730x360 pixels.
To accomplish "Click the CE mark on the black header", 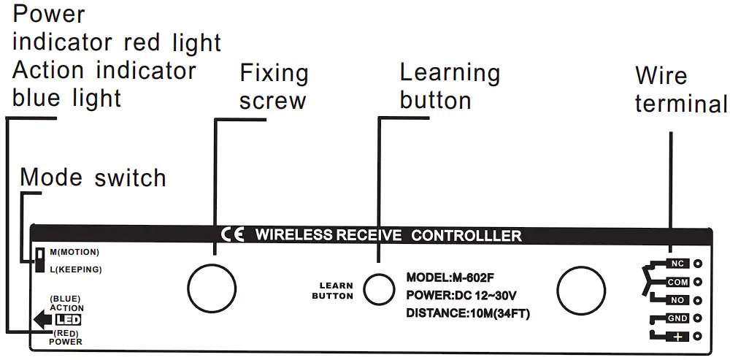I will (233, 234).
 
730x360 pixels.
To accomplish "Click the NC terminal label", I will (677, 264).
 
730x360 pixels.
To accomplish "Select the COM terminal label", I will (677, 282).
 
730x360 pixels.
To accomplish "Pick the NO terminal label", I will (677, 299).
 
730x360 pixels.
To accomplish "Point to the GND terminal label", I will (677, 318).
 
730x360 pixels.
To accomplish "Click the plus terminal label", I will (677, 336).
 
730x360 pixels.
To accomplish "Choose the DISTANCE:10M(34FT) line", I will (467, 314).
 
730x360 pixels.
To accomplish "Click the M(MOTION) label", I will (74, 252).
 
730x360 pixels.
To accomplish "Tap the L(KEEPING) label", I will (76, 269).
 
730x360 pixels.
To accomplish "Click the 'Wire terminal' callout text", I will (680, 89).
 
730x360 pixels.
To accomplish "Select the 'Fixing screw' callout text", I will (274, 86).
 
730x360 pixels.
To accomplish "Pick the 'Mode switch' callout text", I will (93, 177).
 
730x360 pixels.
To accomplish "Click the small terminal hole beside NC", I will (699, 264).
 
